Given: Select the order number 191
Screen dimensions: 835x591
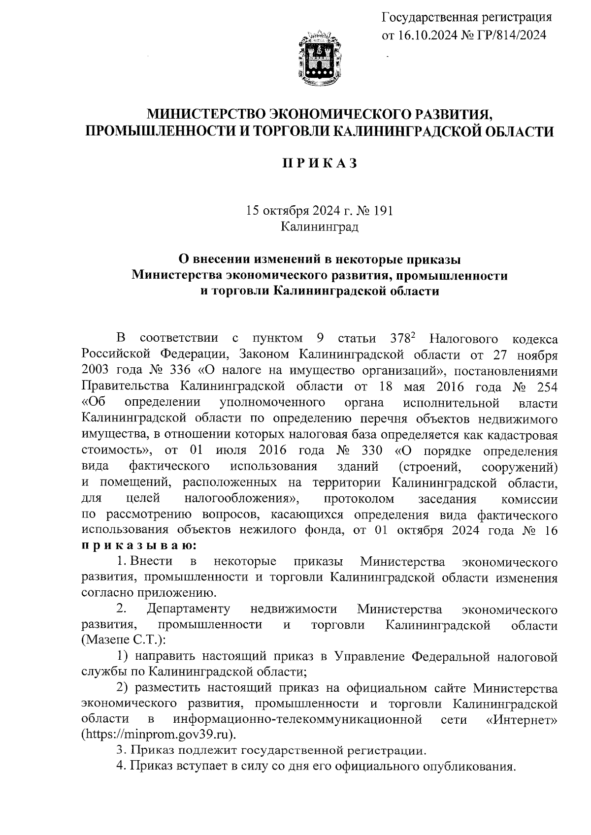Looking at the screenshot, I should [383, 211].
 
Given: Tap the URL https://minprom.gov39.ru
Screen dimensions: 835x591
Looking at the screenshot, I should [158, 735].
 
